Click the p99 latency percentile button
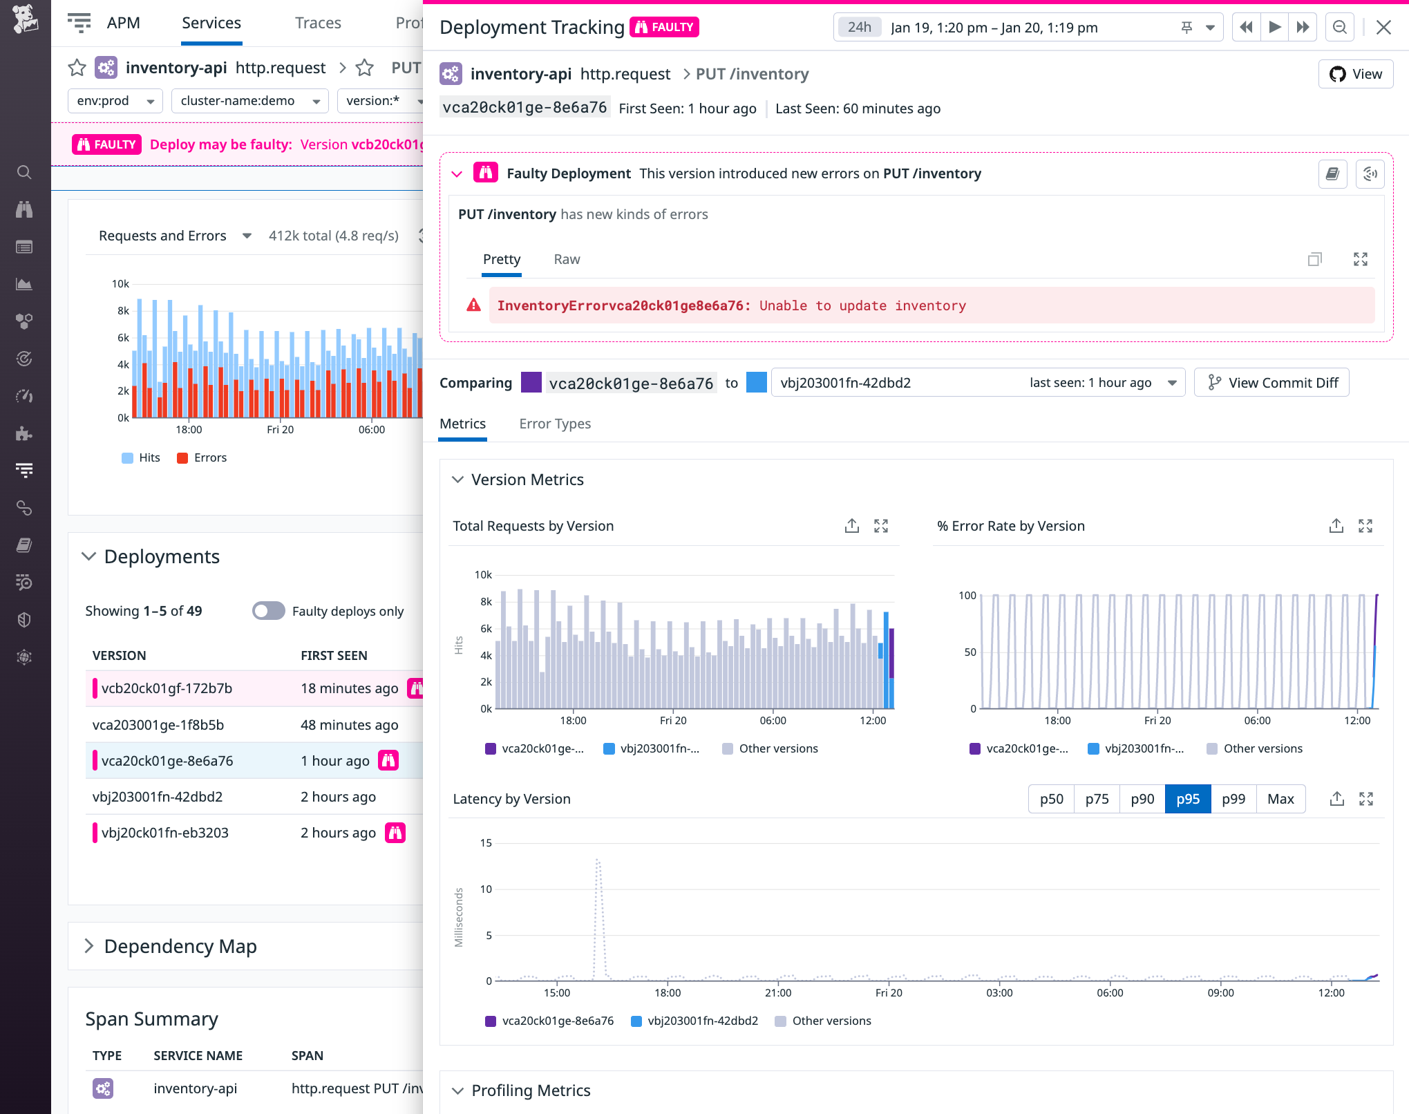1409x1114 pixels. coord(1233,799)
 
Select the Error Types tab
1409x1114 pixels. coord(554,424)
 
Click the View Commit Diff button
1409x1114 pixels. coord(1271,383)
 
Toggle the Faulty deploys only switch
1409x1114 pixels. coord(268,611)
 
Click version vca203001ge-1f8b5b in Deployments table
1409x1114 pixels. coord(158,725)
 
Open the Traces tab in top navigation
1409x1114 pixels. coord(318,23)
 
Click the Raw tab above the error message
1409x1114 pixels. coord(566,259)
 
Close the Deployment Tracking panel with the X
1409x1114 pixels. coord(1383,27)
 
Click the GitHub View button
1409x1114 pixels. coord(1355,74)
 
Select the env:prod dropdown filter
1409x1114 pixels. coord(115,101)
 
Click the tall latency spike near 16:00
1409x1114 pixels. coord(598,864)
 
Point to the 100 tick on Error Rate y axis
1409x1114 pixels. coord(967,595)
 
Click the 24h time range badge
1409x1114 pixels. coord(859,27)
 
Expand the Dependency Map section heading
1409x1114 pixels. coord(180,946)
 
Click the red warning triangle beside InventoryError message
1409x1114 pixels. coord(473,305)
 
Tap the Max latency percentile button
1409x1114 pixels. coord(1280,799)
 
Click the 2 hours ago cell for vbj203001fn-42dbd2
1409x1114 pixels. coord(338,797)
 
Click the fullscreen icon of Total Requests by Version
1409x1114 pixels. coord(880,526)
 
